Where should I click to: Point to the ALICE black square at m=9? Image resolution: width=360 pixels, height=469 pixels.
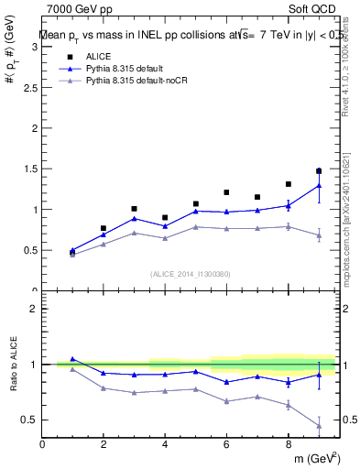tap(319, 170)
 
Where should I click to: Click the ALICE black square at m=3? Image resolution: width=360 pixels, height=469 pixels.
tap(134, 209)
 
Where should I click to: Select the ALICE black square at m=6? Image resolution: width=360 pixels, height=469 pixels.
tap(226, 192)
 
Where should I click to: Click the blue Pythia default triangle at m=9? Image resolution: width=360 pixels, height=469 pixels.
tap(319, 185)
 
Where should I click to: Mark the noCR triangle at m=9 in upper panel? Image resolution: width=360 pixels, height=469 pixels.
tap(319, 235)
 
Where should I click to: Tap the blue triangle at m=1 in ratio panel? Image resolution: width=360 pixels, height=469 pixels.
tap(72, 359)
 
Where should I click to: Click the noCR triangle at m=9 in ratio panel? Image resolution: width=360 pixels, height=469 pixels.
tap(319, 425)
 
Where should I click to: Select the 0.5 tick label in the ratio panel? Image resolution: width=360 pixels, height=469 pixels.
tap(31, 420)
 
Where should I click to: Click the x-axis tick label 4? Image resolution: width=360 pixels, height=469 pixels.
tap(165, 445)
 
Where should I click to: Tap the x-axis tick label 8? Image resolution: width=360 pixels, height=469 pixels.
tap(288, 445)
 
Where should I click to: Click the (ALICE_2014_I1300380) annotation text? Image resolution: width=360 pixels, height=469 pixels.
tap(191, 274)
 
